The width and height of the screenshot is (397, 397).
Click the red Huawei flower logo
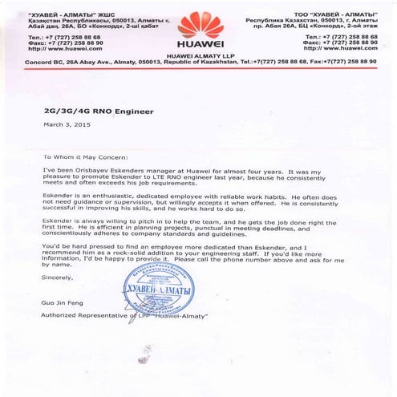pos(197,24)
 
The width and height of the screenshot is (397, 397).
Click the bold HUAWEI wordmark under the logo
pos(197,44)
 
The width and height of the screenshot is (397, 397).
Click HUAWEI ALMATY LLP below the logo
pos(197,54)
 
